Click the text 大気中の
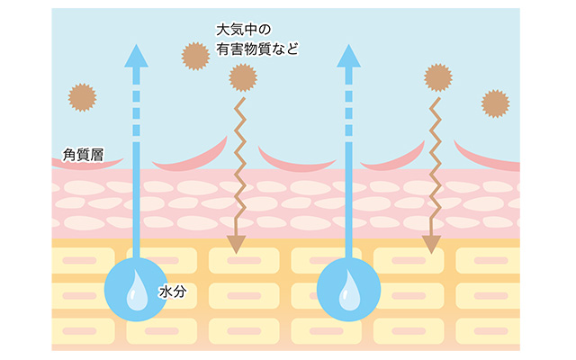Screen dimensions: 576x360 pos(244,30)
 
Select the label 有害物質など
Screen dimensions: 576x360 pos(257,49)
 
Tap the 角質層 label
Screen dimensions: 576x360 pos(84,155)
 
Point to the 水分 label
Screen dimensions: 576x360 pos(173,292)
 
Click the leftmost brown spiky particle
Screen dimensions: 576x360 pos(82,97)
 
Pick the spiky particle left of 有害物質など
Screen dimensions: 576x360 pos(195,56)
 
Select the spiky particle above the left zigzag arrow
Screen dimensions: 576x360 pos(243,77)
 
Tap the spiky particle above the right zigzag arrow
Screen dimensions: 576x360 pos(438,77)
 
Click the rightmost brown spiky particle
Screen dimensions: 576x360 pos(496,103)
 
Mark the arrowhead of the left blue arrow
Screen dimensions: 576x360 pos(136,56)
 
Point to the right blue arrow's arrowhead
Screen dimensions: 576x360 pos(348,56)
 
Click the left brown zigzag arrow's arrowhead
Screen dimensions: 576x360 pos(236,244)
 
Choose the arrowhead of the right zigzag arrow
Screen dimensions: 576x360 pos(432,244)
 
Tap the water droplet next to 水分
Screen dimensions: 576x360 pos(137,291)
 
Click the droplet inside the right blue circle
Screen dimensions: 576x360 pos(349,291)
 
